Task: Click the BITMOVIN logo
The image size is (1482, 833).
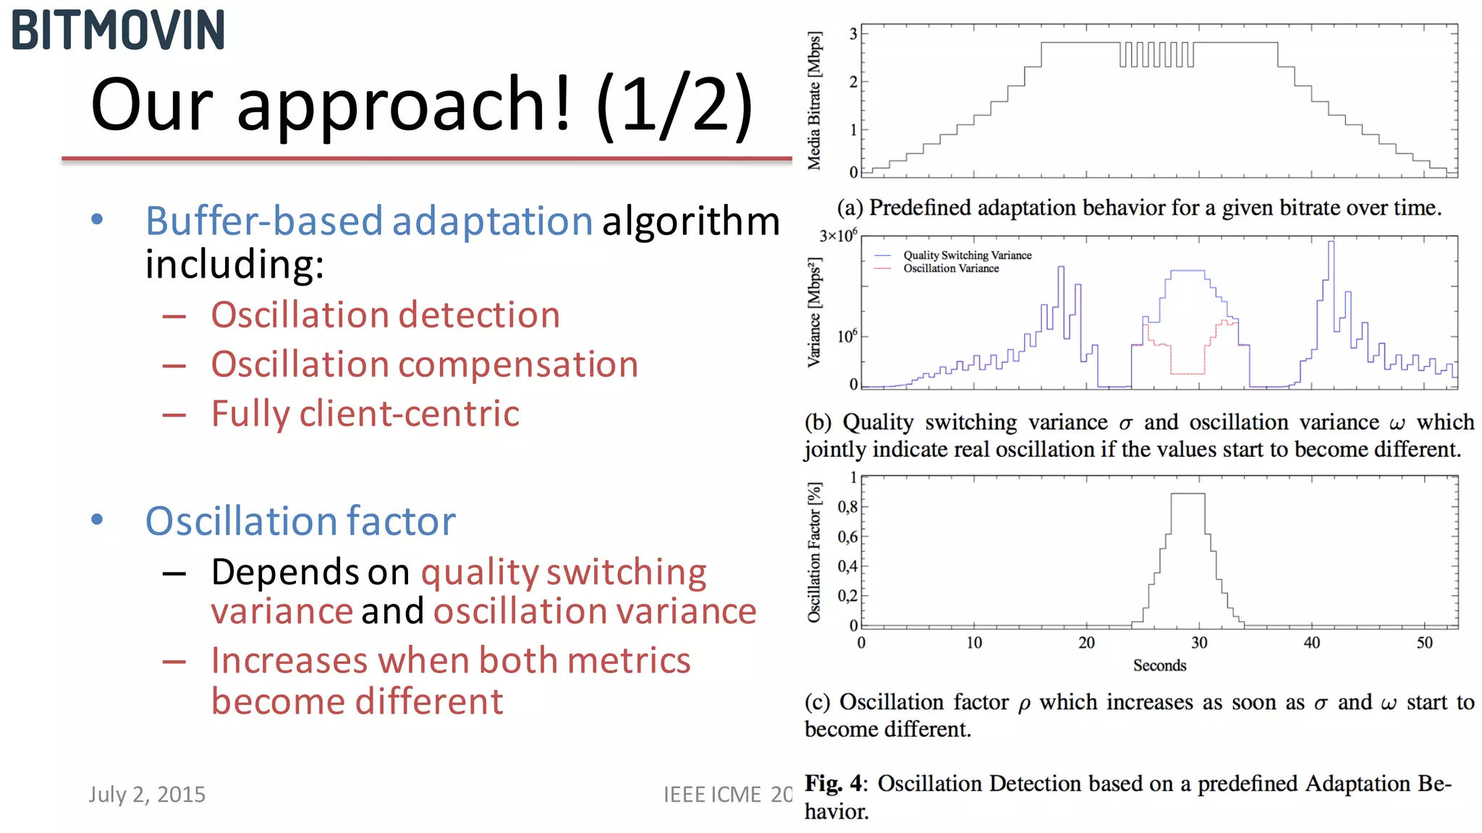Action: (x=118, y=30)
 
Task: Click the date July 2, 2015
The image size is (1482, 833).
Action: (x=147, y=794)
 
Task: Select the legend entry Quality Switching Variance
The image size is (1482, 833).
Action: (x=967, y=255)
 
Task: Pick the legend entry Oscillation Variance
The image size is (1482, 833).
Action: (x=951, y=268)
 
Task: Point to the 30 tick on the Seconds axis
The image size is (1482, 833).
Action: (x=1199, y=642)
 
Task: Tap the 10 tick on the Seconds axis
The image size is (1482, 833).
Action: (x=974, y=642)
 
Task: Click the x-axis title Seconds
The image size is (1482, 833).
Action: (x=1159, y=665)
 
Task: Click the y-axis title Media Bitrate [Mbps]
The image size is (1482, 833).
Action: (x=815, y=101)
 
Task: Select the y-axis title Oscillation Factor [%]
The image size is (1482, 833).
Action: (x=815, y=552)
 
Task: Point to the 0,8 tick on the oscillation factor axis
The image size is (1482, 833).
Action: (x=847, y=506)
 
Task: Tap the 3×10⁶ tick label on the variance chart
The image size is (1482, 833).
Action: (x=838, y=236)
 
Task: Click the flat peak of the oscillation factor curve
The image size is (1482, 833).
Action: (x=1187, y=494)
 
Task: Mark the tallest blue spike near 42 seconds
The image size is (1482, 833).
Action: (x=1331, y=244)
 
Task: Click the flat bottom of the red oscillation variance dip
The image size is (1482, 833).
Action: (x=1187, y=373)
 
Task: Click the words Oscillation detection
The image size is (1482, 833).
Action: (x=385, y=315)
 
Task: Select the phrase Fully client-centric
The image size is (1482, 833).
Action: (x=365, y=414)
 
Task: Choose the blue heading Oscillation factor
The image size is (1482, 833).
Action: (x=300, y=521)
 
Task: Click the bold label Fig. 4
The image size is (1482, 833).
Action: (x=834, y=783)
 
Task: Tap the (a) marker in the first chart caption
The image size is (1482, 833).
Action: (x=850, y=208)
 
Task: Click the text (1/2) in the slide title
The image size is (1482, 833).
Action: (x=674, y=105)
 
